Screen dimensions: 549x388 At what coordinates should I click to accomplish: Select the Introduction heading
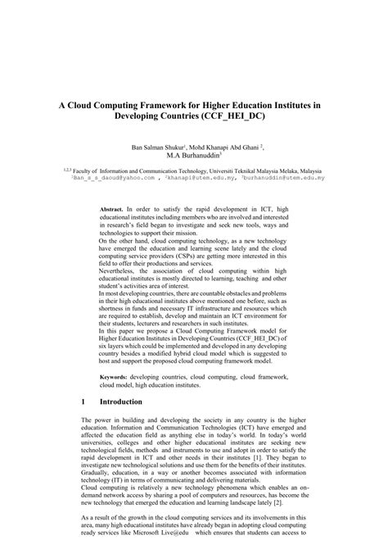[x=121, y=402]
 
